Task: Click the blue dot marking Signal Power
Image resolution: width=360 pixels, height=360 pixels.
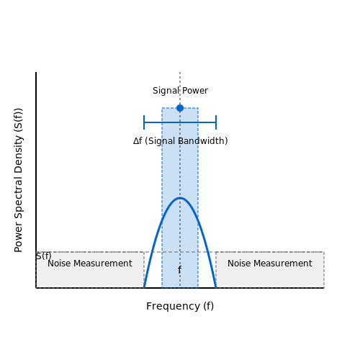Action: (x=180, y=108)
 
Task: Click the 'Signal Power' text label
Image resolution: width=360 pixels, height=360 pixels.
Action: (x=180, y=91)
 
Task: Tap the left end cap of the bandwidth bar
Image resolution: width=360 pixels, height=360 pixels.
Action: (x=144, y=122)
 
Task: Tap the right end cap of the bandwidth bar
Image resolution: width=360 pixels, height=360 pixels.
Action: (x=216, y=122)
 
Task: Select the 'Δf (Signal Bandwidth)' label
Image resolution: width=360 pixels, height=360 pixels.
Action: (x=181, y=141)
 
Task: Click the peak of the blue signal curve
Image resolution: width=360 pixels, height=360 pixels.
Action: (x=180, y=198)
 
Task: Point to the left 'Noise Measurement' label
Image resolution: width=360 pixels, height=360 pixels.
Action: (x=90, y=264)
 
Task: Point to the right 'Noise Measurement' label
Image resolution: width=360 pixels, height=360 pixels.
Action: (x=270, y=264)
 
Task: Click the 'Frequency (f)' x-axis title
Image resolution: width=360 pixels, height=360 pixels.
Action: (x=180, y=306)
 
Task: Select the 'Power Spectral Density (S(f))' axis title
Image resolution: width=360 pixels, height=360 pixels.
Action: (x=18, y=180)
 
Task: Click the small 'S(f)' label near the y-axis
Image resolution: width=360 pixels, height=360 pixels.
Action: (x=44, y=256)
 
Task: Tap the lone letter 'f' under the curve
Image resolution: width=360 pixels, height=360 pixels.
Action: (x=179, y=270)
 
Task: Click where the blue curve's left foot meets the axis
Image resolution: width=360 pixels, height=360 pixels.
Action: (x=144, y=287)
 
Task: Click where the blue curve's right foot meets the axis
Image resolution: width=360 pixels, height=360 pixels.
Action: (x=216, y=287)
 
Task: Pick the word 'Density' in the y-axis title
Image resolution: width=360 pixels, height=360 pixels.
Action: (x=18, y=153)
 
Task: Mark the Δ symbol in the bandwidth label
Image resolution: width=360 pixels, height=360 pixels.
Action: (x=136, y=141)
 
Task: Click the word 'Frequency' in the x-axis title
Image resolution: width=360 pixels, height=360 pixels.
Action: (x=173, y=307)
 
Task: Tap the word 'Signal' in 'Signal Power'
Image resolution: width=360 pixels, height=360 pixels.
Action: (x=166, y=91)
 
